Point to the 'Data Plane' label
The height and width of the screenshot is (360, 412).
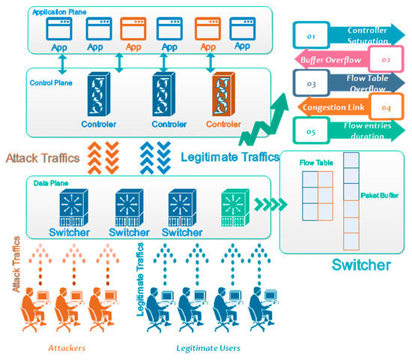coord(47,182)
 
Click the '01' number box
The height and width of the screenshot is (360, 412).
coord(311,34)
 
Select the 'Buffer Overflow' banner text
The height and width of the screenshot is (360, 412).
coord(330,59)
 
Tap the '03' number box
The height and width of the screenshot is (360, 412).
coord(311,84)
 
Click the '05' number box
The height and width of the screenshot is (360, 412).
coord(311,132)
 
